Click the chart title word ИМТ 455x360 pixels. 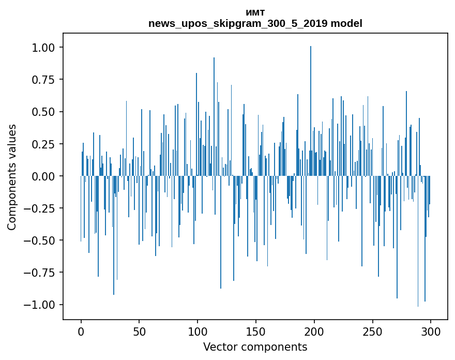click(x=255, y=13)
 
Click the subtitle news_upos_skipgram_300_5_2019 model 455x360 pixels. click(x=255, y=23)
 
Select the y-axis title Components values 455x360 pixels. click(x=12, y=177)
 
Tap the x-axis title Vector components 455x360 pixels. click(x=255, y=347)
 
